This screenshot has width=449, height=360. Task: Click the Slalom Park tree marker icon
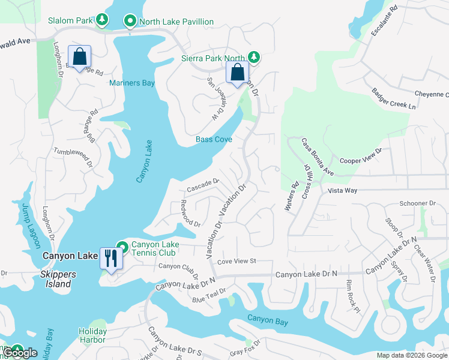[x=103, y=20]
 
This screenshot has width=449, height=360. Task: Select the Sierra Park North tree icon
[x=255, y=58]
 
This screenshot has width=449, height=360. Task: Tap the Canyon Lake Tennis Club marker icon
[x=122, y=247]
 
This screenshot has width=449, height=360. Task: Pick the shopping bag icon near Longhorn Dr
[x=79, y=57]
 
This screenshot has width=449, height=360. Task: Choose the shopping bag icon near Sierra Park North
[x=237, y=73]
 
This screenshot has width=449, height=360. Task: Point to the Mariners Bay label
[x=132, y=83]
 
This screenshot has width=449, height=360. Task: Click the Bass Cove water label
[x=214, y=139]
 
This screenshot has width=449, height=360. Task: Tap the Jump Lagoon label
[x=31, y=226]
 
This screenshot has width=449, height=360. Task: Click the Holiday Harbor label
[x=92, y=335]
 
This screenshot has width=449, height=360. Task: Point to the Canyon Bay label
[x=268, y=321]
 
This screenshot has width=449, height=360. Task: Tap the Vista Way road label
[x=343, y=190]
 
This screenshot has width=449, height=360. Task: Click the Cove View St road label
[x=237, y=261]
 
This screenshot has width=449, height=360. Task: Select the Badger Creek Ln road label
[x=394, y=99]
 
